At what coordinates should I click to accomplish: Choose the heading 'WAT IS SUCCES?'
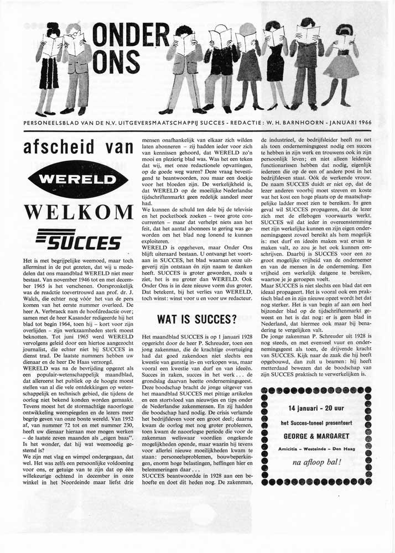[x=197, y=319]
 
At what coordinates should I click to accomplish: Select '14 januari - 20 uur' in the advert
[x=315, y=408]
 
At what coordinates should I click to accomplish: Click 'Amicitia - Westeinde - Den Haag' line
[x=315, y=447]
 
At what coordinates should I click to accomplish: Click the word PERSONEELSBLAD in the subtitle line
[x=50, y=122]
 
